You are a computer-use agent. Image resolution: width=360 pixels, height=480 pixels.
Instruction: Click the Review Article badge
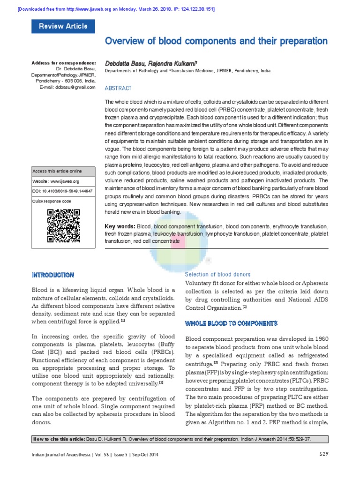pos(63,26)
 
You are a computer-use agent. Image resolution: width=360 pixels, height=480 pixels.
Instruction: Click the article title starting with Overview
pos(216,41)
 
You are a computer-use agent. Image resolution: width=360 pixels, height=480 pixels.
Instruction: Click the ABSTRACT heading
pos(118,88)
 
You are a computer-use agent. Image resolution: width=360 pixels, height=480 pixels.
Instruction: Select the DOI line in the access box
pos(62,191)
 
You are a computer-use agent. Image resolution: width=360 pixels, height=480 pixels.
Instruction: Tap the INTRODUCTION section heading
pos(52,275)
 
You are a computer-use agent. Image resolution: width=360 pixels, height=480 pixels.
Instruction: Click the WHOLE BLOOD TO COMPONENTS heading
pos(232,323)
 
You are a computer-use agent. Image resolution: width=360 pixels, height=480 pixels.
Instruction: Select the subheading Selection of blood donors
pos(217,274)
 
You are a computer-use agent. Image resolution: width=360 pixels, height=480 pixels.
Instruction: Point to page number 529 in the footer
pos(324,454)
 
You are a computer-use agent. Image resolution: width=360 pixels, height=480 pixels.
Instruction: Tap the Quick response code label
pos(52,201)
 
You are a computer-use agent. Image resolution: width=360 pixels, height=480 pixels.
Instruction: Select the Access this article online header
pos(57,171)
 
